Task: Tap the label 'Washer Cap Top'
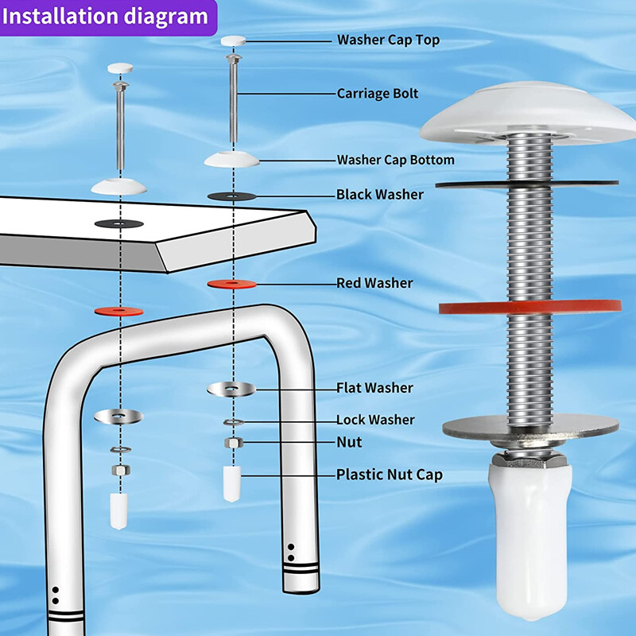(388, 40)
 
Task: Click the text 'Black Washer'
(380, 195)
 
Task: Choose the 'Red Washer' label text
(374, 283)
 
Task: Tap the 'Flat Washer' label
(374, 388)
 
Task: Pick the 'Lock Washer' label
(375, 420)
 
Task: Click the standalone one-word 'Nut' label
(349, 442)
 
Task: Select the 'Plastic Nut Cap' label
(390, 475)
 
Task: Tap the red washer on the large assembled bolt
(469, 307)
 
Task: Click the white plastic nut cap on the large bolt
(527, 541)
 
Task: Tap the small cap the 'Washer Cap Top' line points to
(233, 41)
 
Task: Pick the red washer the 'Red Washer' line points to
(232, 283)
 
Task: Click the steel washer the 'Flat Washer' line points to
(231, 388)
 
